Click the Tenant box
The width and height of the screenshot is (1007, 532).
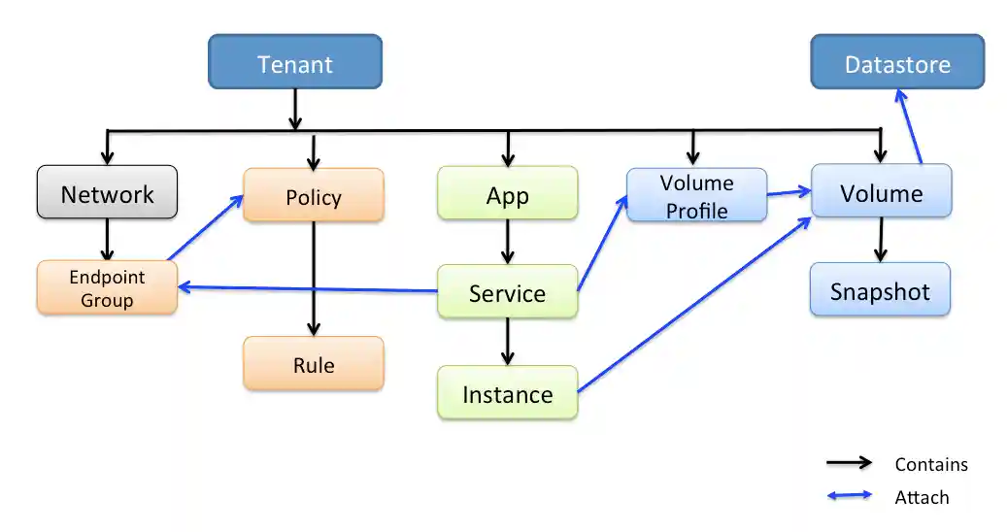tap(295, 64)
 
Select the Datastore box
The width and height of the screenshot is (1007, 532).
tap(897, 64)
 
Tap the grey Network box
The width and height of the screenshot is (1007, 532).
tap(107, 193)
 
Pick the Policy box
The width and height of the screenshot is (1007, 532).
tap(313, 197)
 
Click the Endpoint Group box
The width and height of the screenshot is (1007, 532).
tap(107, 288)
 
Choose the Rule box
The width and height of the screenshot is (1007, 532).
tap(313, 365)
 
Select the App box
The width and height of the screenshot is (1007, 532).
tap(507, 195)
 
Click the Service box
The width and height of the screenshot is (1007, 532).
tap(507, 293)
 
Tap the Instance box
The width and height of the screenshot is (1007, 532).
tap(507, 394)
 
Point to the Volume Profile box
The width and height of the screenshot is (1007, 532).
tap(696, 196)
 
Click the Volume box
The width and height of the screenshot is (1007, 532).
tap(881, 192)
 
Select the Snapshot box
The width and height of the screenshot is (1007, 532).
tap(880, 291)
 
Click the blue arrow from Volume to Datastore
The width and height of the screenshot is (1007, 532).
tap(909, 126)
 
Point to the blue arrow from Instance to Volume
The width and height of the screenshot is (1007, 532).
tap(694, 305)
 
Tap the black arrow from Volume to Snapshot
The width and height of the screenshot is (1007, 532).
tap(881, 239)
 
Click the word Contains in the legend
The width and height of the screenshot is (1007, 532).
tap(930, 465)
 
